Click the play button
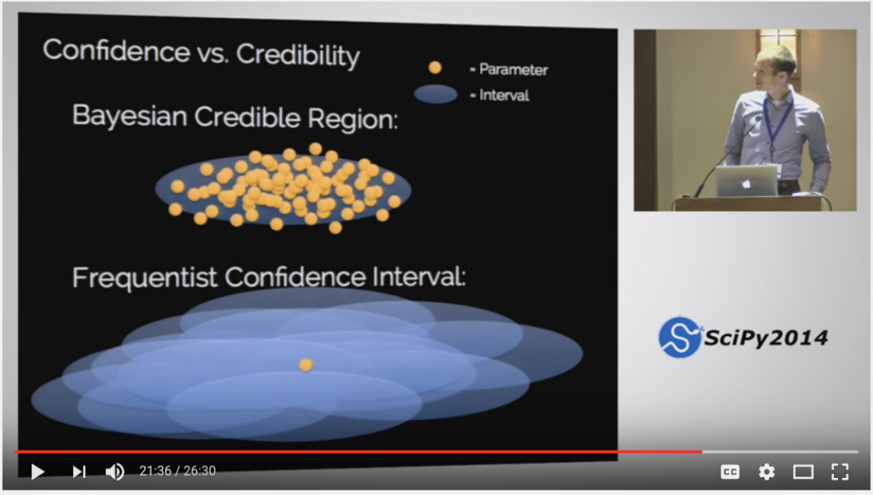tap(38, 472)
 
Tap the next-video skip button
tap(79, 472)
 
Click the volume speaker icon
tap(115, 472)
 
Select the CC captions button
tap(730, 472)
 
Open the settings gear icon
tap(766, 472)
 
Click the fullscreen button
tap(840, 472)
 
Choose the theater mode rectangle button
tap(803, 472)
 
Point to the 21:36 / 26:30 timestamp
tap(177, 471)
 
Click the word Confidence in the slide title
tap(116, 50)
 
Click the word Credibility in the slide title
tap(298, 55)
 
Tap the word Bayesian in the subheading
tap(130, 116)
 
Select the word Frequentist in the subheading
tap(144, 277)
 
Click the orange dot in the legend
tap(435, 67)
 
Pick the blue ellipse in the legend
tap(436, 94)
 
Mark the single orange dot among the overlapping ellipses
tap(306, 364)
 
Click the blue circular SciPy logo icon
tap(679, 337)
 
